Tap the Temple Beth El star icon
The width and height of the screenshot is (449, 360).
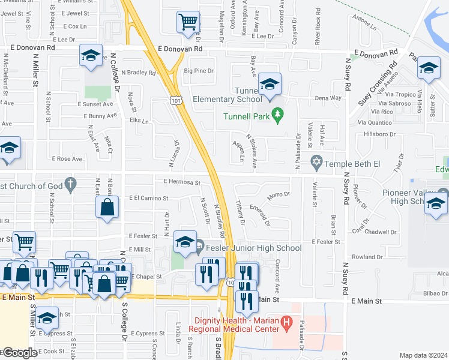pos(316,162)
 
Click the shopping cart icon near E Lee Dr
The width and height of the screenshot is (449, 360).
pos(188,22)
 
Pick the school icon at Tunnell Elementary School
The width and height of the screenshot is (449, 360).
pos(270,85)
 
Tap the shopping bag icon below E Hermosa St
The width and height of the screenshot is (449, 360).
pos(107,208)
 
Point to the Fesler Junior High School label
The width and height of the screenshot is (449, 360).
pos(253,247)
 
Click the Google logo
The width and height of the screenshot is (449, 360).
pos(20,353)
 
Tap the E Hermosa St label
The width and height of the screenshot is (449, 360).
pos(181,182)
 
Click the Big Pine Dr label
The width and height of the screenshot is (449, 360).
pos(199,71)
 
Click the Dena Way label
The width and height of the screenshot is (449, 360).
pos(328,97)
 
